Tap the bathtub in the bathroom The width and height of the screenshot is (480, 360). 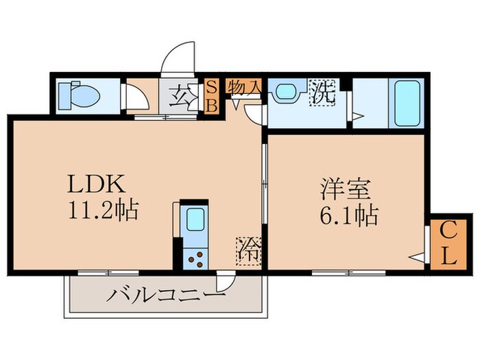click(x=407, y=104)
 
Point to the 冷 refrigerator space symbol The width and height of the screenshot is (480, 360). click(x=249, y=250)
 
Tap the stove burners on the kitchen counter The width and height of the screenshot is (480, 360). click(x=195, y=259)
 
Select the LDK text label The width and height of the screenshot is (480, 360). click(x=95, y=184)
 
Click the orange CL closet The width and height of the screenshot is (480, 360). click(x=445, y=245)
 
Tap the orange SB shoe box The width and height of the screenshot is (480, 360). click(x=213, y=96)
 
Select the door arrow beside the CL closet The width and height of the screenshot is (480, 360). click(x=417, y=258)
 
